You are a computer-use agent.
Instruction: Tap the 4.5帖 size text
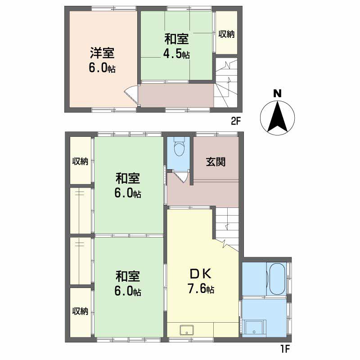[176, 54]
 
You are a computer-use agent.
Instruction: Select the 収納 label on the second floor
[226, 34]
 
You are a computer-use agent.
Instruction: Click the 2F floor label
[236, 120]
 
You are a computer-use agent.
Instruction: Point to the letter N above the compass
[278, 94]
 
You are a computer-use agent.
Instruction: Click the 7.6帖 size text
[201, 288]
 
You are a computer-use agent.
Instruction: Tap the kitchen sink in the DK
[186, 329]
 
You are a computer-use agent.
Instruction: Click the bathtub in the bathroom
[276, 279]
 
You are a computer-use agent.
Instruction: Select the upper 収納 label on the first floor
[81, 162]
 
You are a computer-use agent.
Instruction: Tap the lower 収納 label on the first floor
[81, 311]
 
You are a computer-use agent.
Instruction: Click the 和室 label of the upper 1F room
[128, 179]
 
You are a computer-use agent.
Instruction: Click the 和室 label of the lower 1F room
[128, 276]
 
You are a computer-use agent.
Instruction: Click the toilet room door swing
[182, 176]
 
